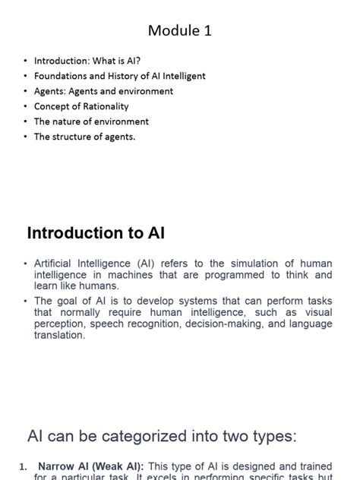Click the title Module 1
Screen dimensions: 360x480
click(180, 31)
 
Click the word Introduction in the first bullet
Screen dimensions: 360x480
click(62, 61)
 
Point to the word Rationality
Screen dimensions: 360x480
click(103, 106)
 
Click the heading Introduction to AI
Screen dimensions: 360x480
click(96, 232)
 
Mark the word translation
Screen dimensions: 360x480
click(59, 335)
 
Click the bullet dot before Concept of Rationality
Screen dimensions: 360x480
click(25, 106)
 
